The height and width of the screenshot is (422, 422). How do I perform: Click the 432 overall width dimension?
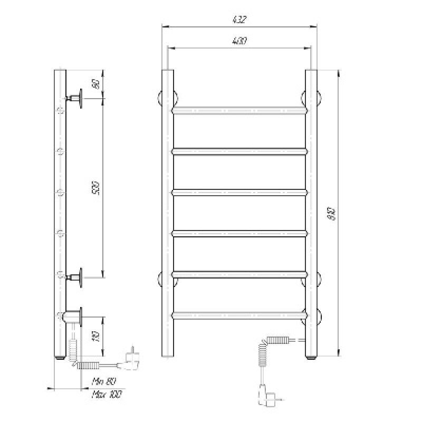pyautogui.click(x=239, y=20)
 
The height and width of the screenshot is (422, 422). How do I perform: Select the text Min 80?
pyautogui.click(x=103, y=381)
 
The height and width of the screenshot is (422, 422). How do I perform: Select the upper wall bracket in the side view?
pyautogui.click(x=76, y=98)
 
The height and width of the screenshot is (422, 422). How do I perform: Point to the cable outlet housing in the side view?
pyautogui.click(x=73, y=317)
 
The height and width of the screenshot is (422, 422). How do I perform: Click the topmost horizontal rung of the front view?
pyautogui.click(x=239, y=111)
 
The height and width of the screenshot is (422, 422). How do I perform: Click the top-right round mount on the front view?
pyautogui.click(x=311, y=97)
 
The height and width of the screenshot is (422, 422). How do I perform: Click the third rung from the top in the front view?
pyautogui.click(x=239, y=193)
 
